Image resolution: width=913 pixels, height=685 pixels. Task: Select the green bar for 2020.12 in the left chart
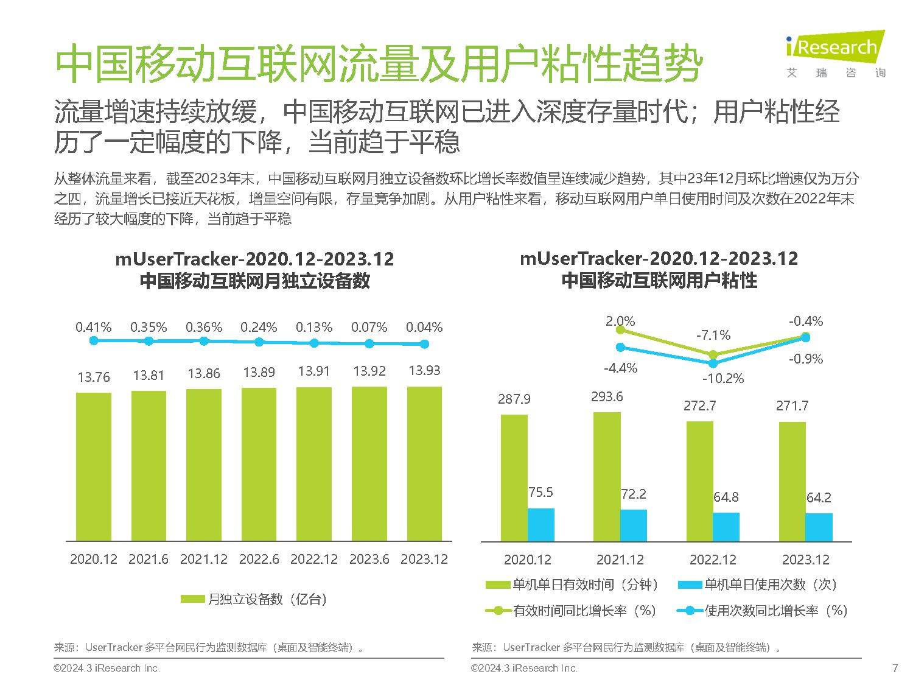pos(94,466)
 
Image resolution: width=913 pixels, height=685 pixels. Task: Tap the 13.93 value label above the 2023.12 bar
pos(424,371)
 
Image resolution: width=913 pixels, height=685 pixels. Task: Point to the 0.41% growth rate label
pos(94,328)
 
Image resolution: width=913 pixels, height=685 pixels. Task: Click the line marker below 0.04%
pos(425,344)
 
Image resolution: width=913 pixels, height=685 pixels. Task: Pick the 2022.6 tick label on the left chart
pos(259,559)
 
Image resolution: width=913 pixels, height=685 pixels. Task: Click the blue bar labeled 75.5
pos(540,524)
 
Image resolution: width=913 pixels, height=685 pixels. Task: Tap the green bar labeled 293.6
pos(607,476)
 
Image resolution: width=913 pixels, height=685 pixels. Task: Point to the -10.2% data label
pos(722,378)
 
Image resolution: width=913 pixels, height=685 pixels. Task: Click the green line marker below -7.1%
pos(713,354)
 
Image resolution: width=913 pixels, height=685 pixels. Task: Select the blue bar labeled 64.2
pos(819,527)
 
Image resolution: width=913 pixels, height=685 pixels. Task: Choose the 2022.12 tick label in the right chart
pos(713,560)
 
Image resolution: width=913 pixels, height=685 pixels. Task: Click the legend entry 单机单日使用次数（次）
pos(758,585)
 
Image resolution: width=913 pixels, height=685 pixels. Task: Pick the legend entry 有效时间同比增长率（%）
pos(572,611)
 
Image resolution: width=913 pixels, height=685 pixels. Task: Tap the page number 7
pos(895,668)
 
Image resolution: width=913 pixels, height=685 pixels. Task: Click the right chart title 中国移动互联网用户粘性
pos(659,281)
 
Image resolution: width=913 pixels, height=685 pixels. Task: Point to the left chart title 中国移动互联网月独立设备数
pos(254,281)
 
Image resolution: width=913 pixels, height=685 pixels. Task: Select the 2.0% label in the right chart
pos(620,321)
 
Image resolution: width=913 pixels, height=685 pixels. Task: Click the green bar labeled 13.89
pos(259,464)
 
